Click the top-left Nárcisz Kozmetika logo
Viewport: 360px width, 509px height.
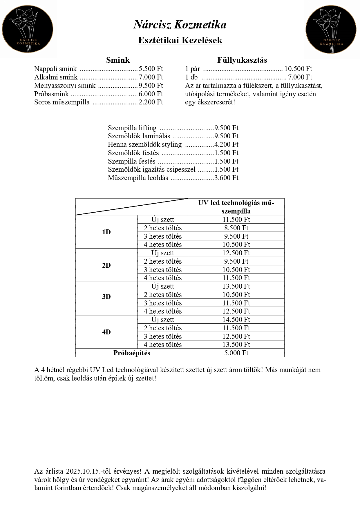pos(28,29)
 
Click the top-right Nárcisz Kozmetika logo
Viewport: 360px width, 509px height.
pos(331,30)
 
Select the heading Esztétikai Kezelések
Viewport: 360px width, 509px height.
pos(180,40)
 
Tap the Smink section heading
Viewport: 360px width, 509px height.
pos(118,60)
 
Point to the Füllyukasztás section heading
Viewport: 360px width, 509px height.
pos(242,60)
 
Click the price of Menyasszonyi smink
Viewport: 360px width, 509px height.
pos(151,86)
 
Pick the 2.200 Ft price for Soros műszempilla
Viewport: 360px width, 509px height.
pos(151,102)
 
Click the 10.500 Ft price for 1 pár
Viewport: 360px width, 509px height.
pos(298,69)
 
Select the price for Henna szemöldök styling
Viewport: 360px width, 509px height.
pos(226,144)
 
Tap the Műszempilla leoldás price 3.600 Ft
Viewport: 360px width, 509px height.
pos(226,178)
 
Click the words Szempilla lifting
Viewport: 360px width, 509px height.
pos(132,128)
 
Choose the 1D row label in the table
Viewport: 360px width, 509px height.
pos(106,232)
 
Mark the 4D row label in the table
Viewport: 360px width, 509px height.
pos(106,332)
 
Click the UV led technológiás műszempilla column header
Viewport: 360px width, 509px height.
pos(236,207)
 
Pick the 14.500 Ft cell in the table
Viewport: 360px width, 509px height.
pos(236,320)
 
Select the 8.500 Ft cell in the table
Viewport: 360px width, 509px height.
pos(236,228)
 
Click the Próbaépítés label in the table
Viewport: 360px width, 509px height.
pos(132,353)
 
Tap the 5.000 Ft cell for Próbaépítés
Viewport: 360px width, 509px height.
pos(236,353)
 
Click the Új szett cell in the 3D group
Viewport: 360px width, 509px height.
pos(162,286)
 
